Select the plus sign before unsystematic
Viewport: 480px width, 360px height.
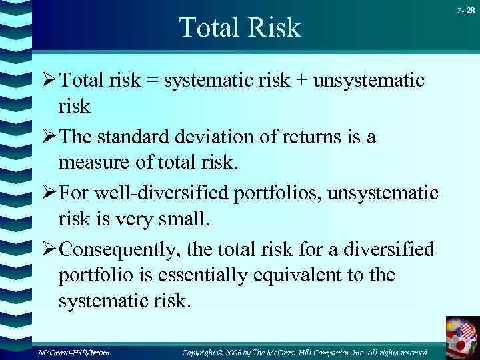click(x=302, y=81)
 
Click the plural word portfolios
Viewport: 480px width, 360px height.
click(x=281, y=193)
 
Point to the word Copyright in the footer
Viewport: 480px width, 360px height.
click(x=204, y=351)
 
